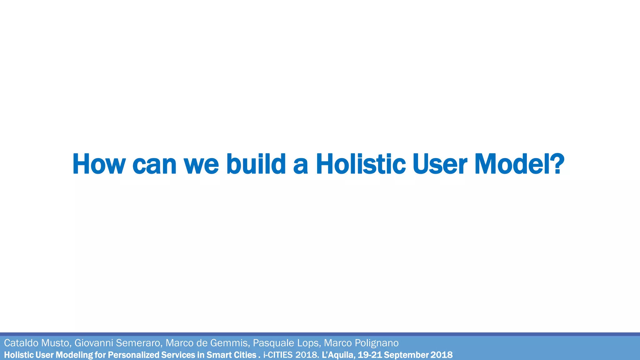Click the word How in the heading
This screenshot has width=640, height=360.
coord(99,164)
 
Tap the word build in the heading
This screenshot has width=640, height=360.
coord(256,164)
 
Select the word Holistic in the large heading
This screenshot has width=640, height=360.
coord(361,164)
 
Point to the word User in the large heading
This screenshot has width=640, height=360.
coord(440,164)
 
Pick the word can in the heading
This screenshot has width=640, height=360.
coord(154,165)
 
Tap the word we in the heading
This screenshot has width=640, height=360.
coord(201,165)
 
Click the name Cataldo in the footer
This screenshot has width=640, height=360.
coord(21,343)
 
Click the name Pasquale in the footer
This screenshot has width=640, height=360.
coord(269,343)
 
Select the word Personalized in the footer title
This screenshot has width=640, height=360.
coord(133,355)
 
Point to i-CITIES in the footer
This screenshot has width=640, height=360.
coord(278,355)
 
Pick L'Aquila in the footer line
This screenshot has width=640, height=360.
coord(338,355)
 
